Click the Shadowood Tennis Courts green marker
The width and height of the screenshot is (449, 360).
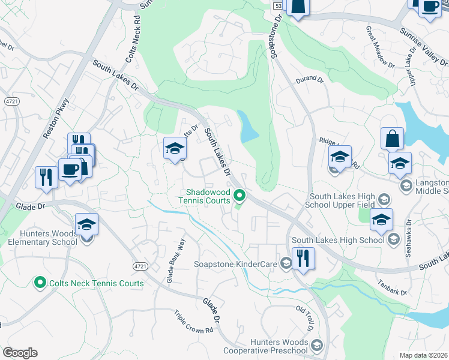click(x=240, y=196)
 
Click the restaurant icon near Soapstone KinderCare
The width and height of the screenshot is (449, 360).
click(x=304, y=259)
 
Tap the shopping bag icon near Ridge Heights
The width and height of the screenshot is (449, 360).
click(x=392, y=139)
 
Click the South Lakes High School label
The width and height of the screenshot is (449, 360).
click(x=337, y=241)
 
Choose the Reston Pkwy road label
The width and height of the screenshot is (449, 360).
click(x=52, y=120)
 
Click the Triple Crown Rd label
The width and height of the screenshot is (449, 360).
click(x=194, y=322)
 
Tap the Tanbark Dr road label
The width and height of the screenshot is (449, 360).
click(x=393, y=287)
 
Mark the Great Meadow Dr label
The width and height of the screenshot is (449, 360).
click(x=380, y=46)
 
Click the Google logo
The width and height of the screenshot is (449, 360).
click(x=20, y=353)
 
